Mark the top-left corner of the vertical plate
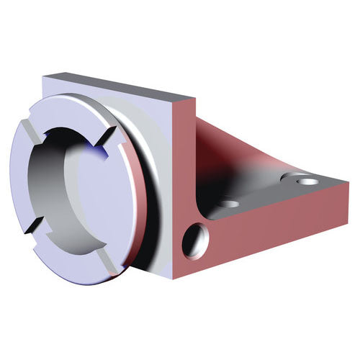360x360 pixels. click(45, 75)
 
